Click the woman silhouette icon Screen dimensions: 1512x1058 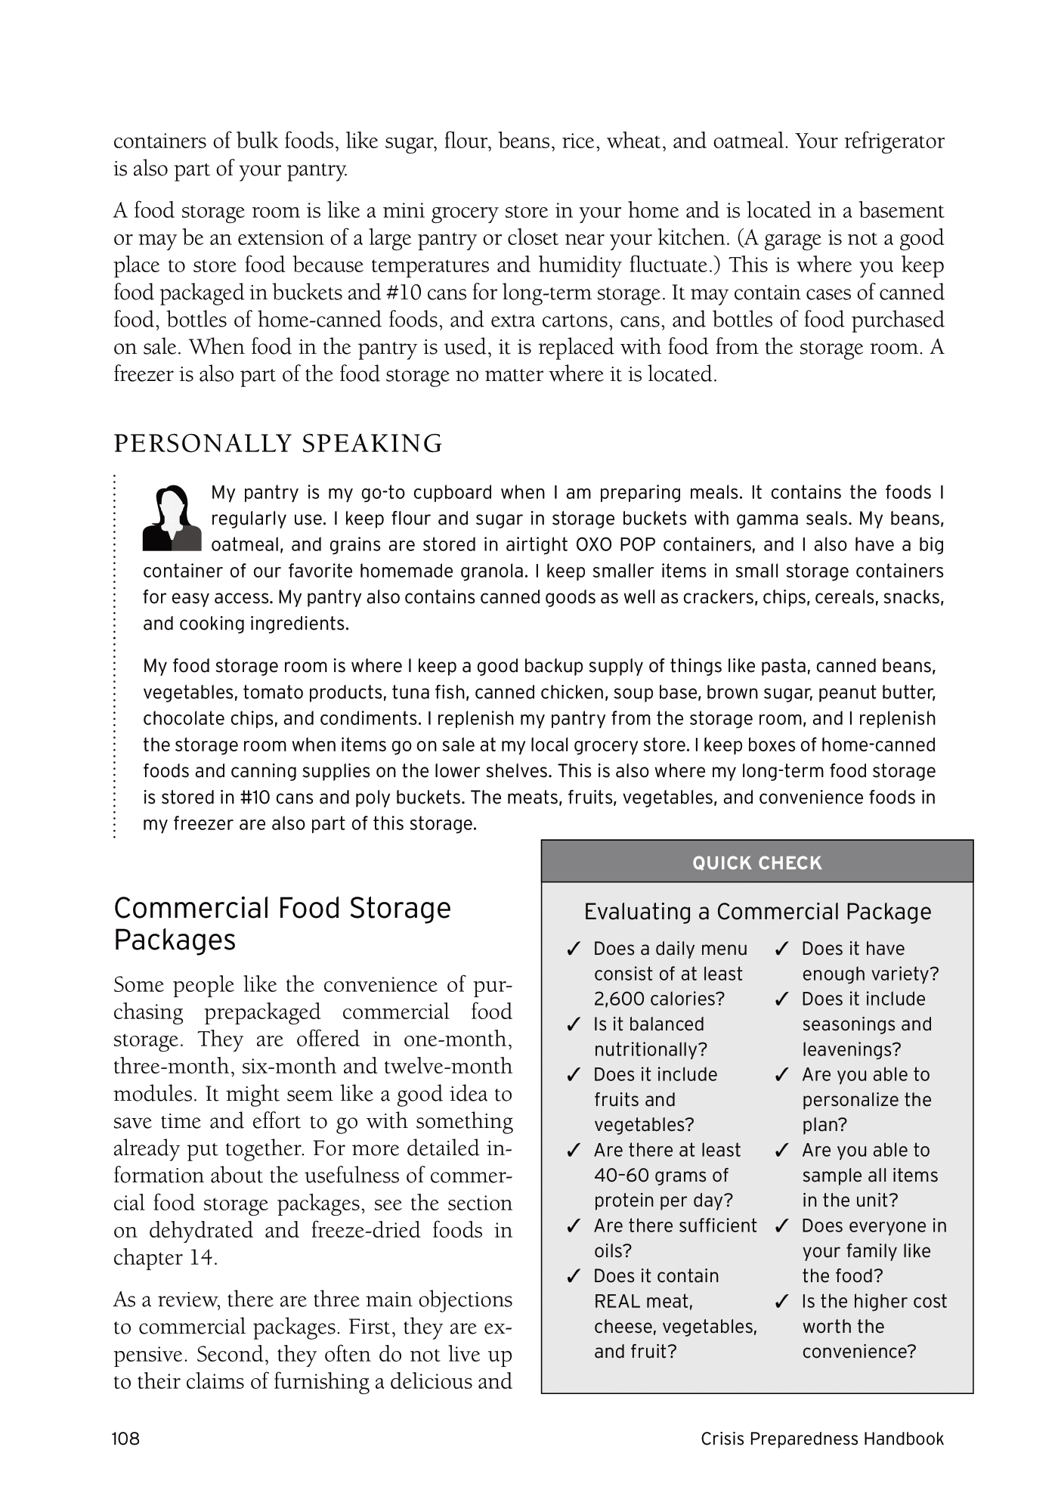[172, 517]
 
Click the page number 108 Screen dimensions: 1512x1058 [126, 1439]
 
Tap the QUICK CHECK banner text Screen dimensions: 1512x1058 [756, 863]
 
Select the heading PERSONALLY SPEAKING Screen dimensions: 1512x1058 [277, 443]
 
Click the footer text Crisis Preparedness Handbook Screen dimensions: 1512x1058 [822, 1439]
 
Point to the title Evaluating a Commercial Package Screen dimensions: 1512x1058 [757, 912]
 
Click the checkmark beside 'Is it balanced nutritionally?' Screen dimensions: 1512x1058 [574, 1025]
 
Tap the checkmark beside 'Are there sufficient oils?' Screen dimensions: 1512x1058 [574, 1226]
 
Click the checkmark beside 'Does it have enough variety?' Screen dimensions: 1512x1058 [782, 949]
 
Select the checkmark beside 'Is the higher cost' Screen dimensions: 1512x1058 [782, 1302]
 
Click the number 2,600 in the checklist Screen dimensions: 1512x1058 [620, 999]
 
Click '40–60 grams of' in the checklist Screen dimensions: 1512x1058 [660, 1176]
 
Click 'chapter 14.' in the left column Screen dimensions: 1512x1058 [166, 1257]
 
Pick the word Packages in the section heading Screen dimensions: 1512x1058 [175, 940]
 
